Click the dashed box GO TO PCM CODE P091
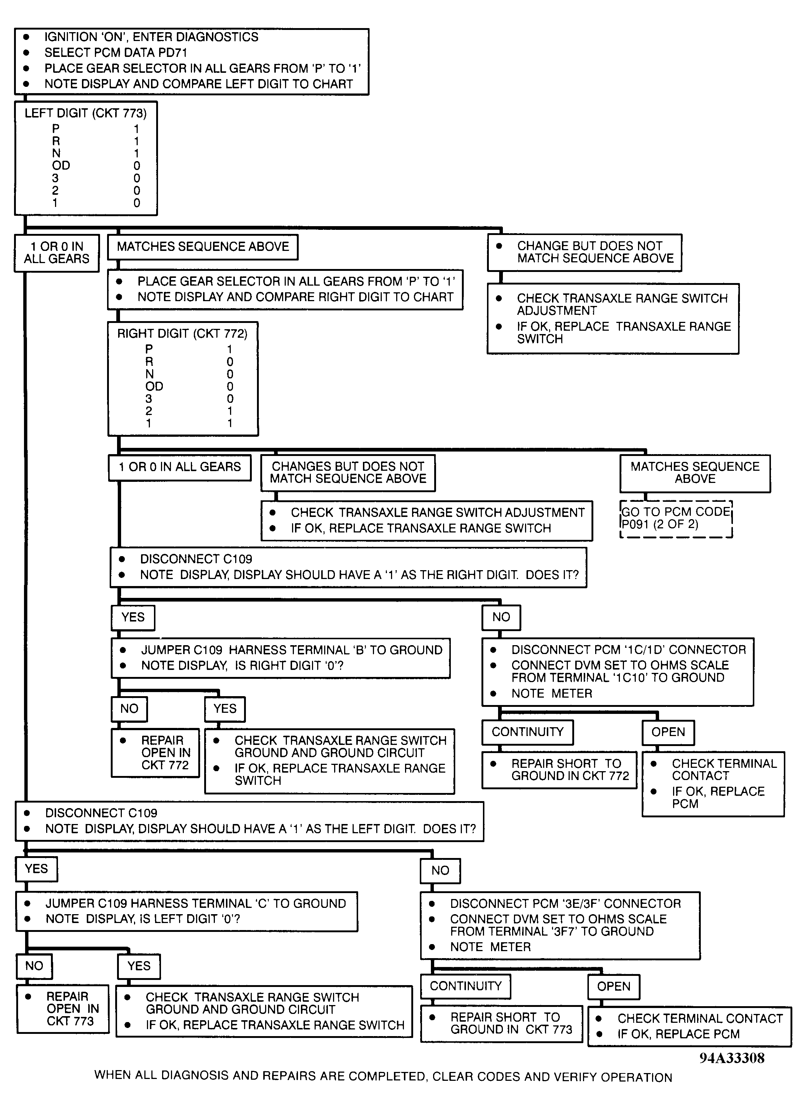tap(676, 519)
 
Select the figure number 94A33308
tap(732, 1058)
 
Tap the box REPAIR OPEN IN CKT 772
tap(155, 753)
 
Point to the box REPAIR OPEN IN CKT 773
tap(63, 1009)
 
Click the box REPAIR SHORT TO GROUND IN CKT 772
tap(559, 770)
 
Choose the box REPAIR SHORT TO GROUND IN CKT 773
tap(502, 1024)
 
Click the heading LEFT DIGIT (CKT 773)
tap(86, 113)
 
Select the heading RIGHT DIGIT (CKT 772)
tap(182, 333)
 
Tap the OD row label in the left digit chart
tap(61, 166)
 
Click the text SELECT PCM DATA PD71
tap(116, 52)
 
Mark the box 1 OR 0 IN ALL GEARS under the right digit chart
tap(179, 467)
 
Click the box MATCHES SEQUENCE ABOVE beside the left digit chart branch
tap(202, 247)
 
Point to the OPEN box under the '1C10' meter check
tap(668, 732)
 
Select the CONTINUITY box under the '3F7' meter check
tap(466, 986)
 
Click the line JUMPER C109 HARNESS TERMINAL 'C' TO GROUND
tap(196, 903)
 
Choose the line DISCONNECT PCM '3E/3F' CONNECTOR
tap(565, 903)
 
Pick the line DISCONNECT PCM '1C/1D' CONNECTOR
tap(628, 650)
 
